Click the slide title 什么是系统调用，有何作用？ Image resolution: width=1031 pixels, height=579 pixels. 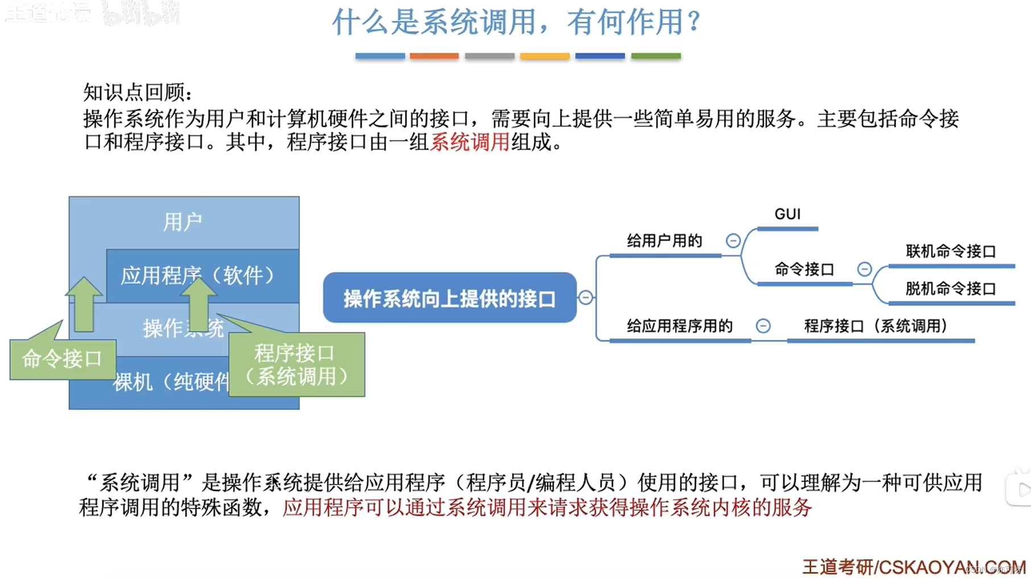(x=516, y=23)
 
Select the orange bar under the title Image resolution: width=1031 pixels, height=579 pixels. (x=434, y=56)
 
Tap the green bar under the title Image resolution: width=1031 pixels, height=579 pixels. (x=656, y=56)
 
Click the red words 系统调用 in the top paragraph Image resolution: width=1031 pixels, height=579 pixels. (x=470, y=142)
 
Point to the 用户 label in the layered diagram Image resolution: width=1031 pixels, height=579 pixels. (x=183, y=222)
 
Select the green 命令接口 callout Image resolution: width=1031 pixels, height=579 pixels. (x=63, y=359)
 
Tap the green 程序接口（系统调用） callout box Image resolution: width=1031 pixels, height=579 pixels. (x=296, y=365)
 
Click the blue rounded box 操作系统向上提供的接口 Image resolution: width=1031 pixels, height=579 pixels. (x=449, y=298)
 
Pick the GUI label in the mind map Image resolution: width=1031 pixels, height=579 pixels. (x=788, y=214)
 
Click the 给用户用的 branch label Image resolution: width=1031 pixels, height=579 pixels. (x=664, y=241)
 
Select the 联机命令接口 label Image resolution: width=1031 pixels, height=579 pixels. (x=951, y=251)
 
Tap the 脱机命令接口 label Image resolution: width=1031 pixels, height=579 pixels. (x=951, y=289)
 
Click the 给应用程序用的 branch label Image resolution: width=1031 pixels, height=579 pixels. (x=680, y=326)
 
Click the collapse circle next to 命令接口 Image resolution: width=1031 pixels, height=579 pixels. (x=864, y=269)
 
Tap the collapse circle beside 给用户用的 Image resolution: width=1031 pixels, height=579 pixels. (x=733, y=241)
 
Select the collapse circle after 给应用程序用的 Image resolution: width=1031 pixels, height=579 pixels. (x=763, y=326)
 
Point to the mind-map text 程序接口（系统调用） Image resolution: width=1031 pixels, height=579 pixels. (x=876, y=326)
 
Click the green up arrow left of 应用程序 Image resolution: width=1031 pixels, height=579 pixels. (x=84, y=304)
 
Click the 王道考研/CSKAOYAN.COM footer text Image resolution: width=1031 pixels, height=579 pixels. (x=910, y=567)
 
